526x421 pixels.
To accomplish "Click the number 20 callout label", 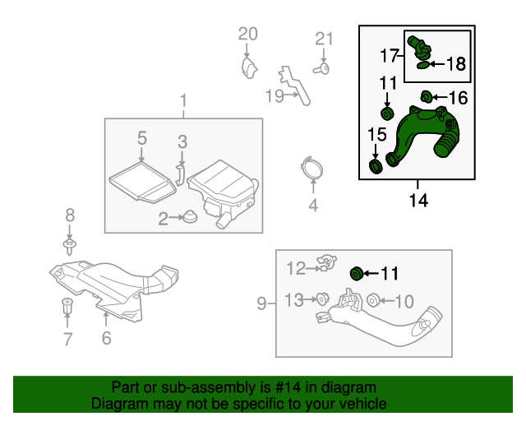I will (x=247, y=34).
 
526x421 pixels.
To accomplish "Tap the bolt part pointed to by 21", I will (x=324, y=70).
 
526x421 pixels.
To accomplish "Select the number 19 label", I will (x=274, y=95).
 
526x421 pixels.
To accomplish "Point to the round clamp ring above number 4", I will (x=311, y=169).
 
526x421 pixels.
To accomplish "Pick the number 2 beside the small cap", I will (x=163, y=218).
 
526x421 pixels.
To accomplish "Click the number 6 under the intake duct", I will (x=106, y=338).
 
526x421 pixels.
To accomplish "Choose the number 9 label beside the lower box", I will (x=261, y=304).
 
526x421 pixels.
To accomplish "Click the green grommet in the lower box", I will (x=357, y=273).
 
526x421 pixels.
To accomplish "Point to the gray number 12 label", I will (x=295, y=266).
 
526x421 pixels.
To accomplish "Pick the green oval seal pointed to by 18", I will (x=422, y=64).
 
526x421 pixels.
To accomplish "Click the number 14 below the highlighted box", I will (x=418, y=200).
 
